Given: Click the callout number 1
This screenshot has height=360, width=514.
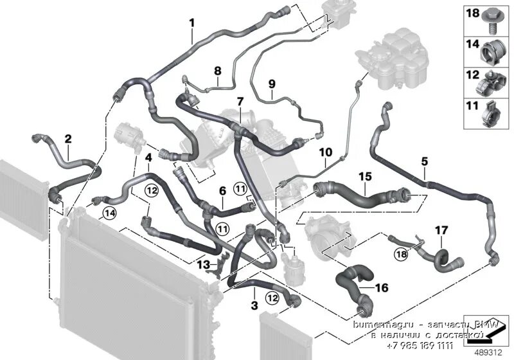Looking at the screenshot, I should (x=191, y=24).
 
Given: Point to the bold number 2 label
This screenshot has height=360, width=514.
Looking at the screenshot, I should (x=67, y=138).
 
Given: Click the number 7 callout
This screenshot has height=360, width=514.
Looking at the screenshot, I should (x=240, y=102).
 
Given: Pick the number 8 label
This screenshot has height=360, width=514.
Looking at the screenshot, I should (x=217, y=70).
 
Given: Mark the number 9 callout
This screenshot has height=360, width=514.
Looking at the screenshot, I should (x=271, y=84).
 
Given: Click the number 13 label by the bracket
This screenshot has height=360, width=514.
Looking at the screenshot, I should (x=203, y=265).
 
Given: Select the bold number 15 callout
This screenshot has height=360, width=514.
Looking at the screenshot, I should (x=365, y=175).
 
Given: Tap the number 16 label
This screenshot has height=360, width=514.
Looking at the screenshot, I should (x=382, y=287).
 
